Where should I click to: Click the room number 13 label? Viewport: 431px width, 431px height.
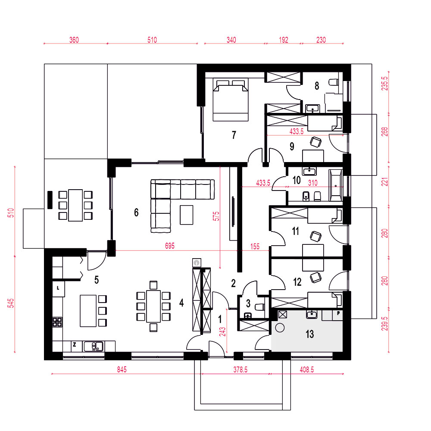pos(309,334)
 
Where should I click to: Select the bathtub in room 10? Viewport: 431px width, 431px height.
pos(335,185)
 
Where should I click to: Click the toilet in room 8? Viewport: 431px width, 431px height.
pos(334,82)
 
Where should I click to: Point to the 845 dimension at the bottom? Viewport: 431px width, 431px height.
pos(122,369)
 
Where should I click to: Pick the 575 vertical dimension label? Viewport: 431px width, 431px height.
pos(216,216)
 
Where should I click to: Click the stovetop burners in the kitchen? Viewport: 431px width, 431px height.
pos(57,322)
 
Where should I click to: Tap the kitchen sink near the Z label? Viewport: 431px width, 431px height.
pos(94,346)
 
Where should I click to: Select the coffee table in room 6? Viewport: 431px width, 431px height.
pos(186,215)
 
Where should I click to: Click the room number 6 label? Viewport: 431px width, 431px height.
pos(136,212)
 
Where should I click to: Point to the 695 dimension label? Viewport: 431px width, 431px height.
pos(169,246)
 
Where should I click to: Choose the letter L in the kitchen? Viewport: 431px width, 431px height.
pos(58,288)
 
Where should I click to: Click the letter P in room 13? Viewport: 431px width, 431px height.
pos(338,313)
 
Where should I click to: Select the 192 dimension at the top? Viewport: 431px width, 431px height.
pos(284,40)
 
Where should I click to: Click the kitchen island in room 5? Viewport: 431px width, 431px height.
pos(88,311)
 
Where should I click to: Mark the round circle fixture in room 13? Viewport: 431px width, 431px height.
pos(280,328)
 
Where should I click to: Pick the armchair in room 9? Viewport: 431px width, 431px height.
pos(315,142)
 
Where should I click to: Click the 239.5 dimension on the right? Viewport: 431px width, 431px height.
pos(385,324)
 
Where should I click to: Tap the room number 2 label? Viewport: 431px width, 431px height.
pos(233,283)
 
